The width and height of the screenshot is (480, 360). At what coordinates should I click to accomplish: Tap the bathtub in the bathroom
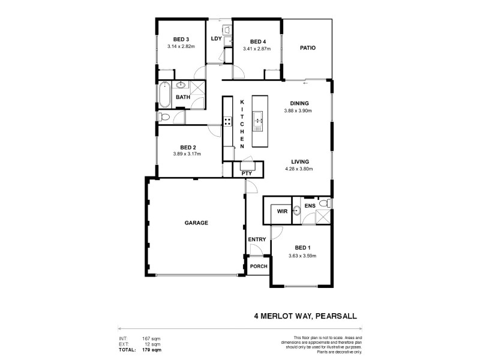coord(164,95)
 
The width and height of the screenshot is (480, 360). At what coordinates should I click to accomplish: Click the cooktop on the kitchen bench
coord(228,121)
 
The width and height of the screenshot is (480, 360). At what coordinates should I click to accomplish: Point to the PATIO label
coord(308,48)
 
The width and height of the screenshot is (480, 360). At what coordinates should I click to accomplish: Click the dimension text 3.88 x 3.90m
coord(298,110)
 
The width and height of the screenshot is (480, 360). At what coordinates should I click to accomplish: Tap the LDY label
coord(217,39)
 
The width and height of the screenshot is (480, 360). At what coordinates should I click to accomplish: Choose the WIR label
coord(281,211)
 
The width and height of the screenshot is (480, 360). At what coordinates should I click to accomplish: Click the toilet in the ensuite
coord(325,204)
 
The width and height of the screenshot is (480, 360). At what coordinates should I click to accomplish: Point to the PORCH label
coord(259,266)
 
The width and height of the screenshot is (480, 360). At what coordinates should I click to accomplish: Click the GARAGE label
coord(196,223)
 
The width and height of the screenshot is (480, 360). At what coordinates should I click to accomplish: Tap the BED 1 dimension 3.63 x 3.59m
coord(301,256)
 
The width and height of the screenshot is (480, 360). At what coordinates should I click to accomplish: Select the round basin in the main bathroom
coord(181,85)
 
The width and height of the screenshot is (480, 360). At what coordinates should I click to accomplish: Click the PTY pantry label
coord(246,173)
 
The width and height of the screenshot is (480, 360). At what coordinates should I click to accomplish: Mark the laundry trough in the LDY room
coord(227,29)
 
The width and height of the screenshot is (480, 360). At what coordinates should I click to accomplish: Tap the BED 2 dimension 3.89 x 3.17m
coord(187,154)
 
